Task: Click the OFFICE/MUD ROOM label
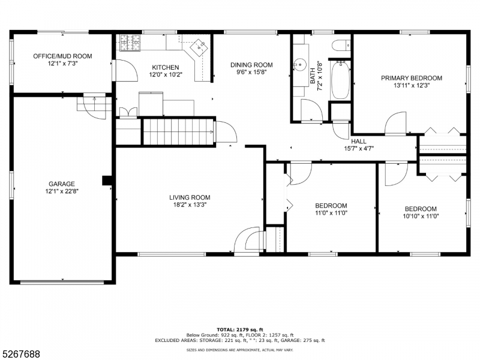point(62,56)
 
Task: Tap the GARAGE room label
point(62,184)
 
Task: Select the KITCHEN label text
point(165,67)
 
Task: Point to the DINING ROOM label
point(252,65)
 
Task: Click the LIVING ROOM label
point(190,197)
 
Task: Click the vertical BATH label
point(313,75)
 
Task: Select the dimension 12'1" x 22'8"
point(62,191)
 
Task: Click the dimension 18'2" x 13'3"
point(190,205)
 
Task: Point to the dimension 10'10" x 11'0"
point(421,217)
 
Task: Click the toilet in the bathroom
point(341,45)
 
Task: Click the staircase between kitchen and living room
point(178,131)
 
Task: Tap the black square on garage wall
point(107,181)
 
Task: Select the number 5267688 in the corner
point(21,354)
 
